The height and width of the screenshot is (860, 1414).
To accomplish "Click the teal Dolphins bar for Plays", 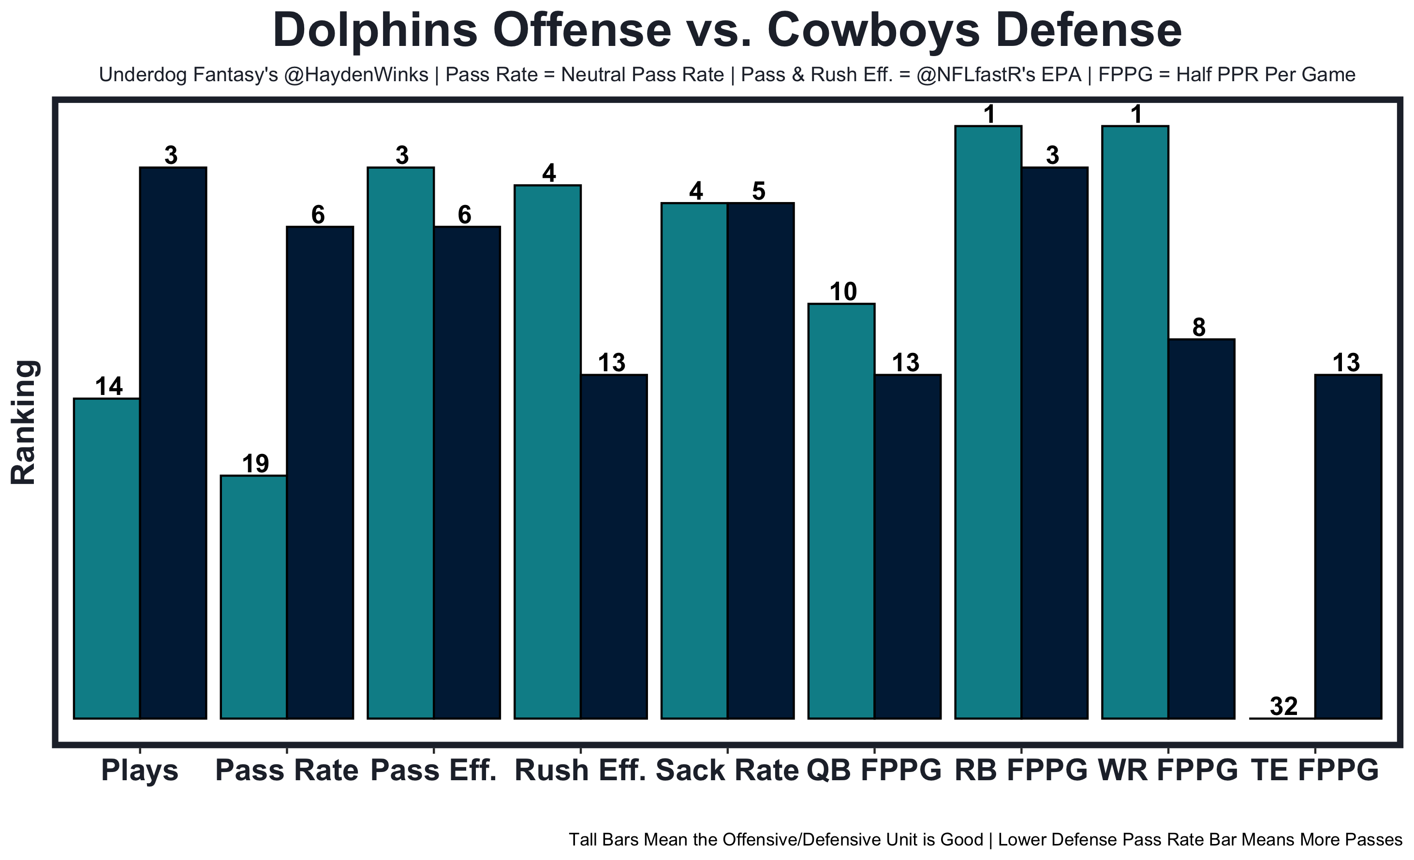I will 107,558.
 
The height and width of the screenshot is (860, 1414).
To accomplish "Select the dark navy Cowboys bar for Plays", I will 173,442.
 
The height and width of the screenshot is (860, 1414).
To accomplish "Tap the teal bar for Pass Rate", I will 254,597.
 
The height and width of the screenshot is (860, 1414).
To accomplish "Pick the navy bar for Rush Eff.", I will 614,546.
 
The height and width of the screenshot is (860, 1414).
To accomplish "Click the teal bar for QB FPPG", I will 841,510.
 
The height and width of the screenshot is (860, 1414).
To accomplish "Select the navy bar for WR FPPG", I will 1202,528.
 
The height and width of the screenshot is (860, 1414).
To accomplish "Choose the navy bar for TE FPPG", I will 1349,546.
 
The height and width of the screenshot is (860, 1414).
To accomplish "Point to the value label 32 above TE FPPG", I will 1283,706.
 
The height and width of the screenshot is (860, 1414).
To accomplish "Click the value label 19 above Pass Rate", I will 255,464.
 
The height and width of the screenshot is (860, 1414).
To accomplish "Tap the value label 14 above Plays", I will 108,387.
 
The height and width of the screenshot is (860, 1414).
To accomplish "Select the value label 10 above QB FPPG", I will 843,292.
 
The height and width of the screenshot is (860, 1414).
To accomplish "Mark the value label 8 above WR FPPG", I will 1199,328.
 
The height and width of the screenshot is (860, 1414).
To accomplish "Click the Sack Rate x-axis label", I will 727,771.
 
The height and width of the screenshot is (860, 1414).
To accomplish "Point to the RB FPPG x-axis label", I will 1021,771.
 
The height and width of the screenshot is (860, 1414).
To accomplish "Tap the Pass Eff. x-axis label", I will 433,771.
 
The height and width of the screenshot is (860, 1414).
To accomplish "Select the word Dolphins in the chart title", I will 375,30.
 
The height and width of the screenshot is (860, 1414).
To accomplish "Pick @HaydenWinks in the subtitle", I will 356,75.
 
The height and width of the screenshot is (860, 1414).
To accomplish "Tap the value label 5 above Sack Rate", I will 759,191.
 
